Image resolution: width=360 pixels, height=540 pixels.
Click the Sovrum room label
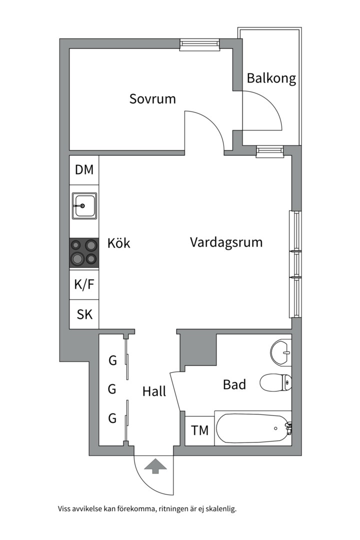pos(152,98)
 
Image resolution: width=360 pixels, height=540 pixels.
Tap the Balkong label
pos(271,78)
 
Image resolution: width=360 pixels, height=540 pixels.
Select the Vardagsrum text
pos(226,242)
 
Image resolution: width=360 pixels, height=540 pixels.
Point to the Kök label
pos(119,243)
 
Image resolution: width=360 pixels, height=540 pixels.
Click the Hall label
pos(154,391)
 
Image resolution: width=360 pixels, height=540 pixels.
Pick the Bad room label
pos(234,384)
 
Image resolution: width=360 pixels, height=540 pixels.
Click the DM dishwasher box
pos(84,170)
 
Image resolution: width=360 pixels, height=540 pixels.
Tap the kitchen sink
pos(84,205)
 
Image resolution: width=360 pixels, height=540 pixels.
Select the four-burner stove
pos(84,252)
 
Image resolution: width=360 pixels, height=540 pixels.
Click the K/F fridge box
pos(84,285)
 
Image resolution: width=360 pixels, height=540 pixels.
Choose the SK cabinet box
pos(84,314)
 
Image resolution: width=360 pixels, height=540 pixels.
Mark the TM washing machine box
pos(200,430)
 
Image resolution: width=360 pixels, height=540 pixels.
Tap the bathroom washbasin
pos(281,351)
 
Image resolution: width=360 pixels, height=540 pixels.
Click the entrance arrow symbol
pos(155,466)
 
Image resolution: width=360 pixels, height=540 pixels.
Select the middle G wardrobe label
pos(112,388)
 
